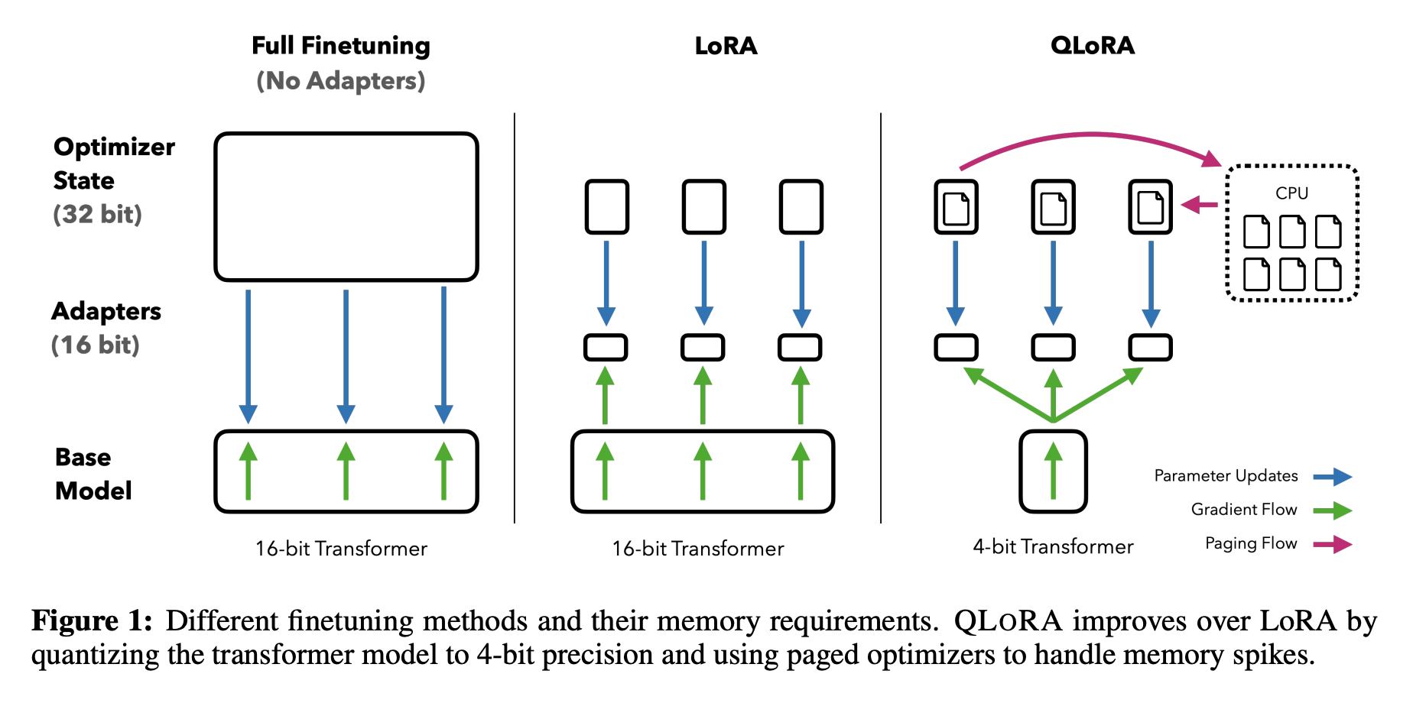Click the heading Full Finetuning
tap(341, 46)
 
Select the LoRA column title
tap(726, 46)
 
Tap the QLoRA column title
tap(1092, 46)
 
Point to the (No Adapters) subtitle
tap(341, 81)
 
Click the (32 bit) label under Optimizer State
tap(98, 214)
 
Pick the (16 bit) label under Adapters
tap(96, 345)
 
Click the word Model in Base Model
tap(93, 491)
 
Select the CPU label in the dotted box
tap(1291, 193)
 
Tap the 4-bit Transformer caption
tap(1053, 546)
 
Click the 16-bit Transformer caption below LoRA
tap(698, 549)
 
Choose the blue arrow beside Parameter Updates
tap(1333, 477)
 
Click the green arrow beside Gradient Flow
tap(1333, 510)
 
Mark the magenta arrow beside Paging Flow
tap(1333, 544)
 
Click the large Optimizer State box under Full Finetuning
tap(346, 206)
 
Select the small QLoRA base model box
tap(1053, 471)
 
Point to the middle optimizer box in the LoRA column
tap(703, 206)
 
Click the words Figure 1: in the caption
tap(92, 620)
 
